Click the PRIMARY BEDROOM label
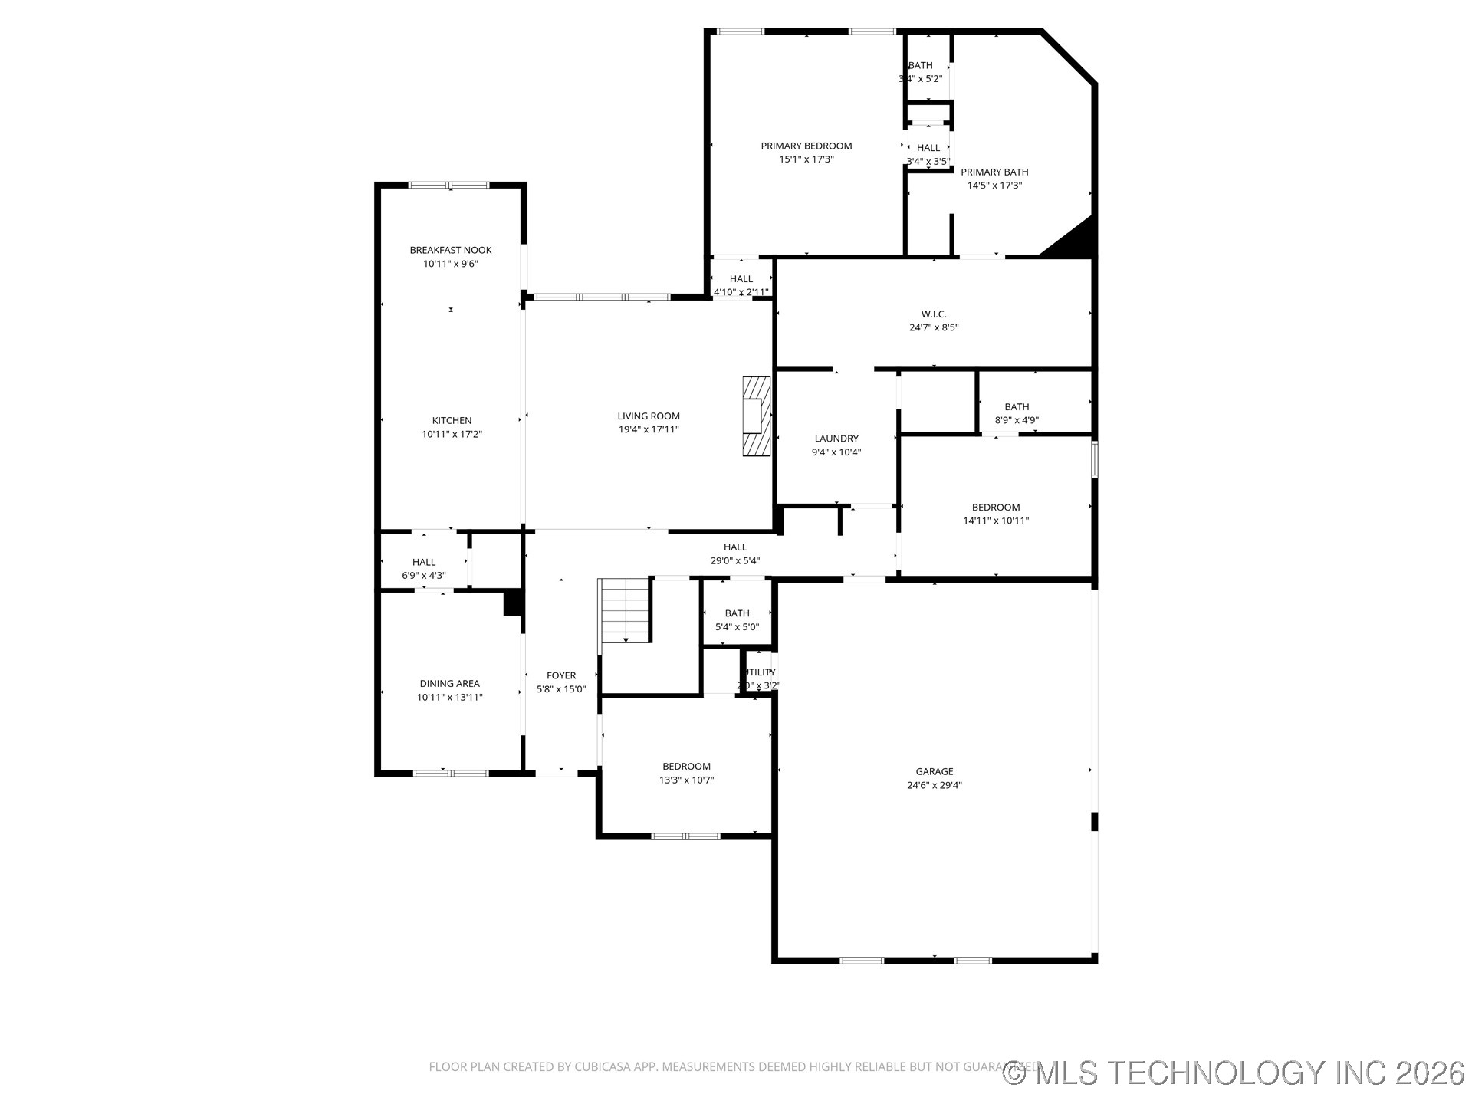(806, 146)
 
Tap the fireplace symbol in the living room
(756, 416)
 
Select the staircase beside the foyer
(626, 610)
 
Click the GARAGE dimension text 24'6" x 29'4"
(934, 785)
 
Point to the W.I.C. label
(933, 314)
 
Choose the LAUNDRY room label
(836, 439)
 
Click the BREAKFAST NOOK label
(451, 250)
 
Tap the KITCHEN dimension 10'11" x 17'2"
(452, 434)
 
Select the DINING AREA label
(449, 683)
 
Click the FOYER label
(561, 675)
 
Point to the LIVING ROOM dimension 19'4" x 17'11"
(649, 429)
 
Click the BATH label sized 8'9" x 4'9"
(1017, 406)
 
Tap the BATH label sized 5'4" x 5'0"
(737, 613)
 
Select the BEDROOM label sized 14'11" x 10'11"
(996, 507)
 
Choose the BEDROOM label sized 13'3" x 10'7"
(686, 766)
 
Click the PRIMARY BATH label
(994, 172)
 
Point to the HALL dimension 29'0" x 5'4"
(734, 560)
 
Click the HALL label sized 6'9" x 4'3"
(423, 562)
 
